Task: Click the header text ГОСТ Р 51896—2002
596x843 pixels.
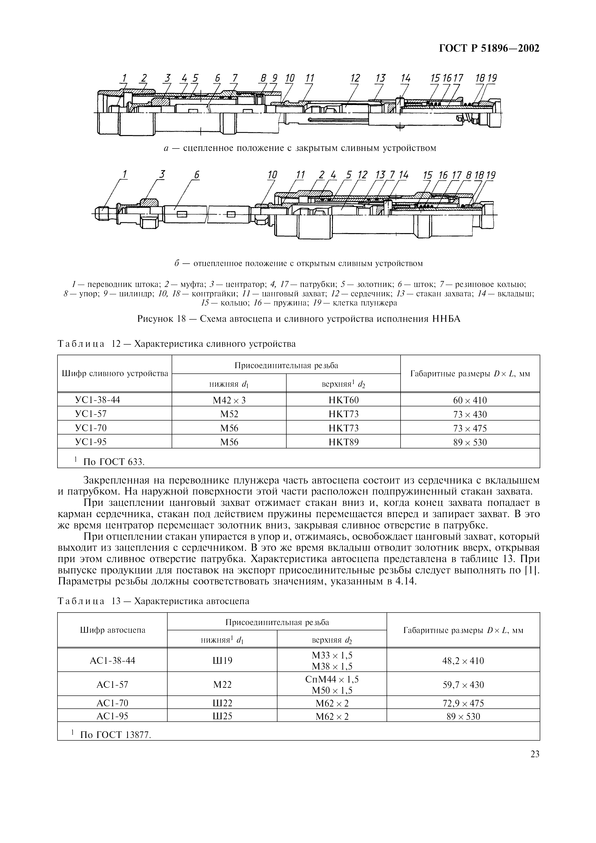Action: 489,49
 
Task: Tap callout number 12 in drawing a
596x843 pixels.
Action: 355,78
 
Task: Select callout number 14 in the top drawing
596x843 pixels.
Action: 405,78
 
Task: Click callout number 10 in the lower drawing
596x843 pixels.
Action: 272,175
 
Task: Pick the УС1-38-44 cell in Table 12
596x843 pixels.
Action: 98,400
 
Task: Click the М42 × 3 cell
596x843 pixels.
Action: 229,400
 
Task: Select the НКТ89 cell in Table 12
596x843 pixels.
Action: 343,442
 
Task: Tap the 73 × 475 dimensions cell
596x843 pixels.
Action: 470,428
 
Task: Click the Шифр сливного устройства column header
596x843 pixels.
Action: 115,374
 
